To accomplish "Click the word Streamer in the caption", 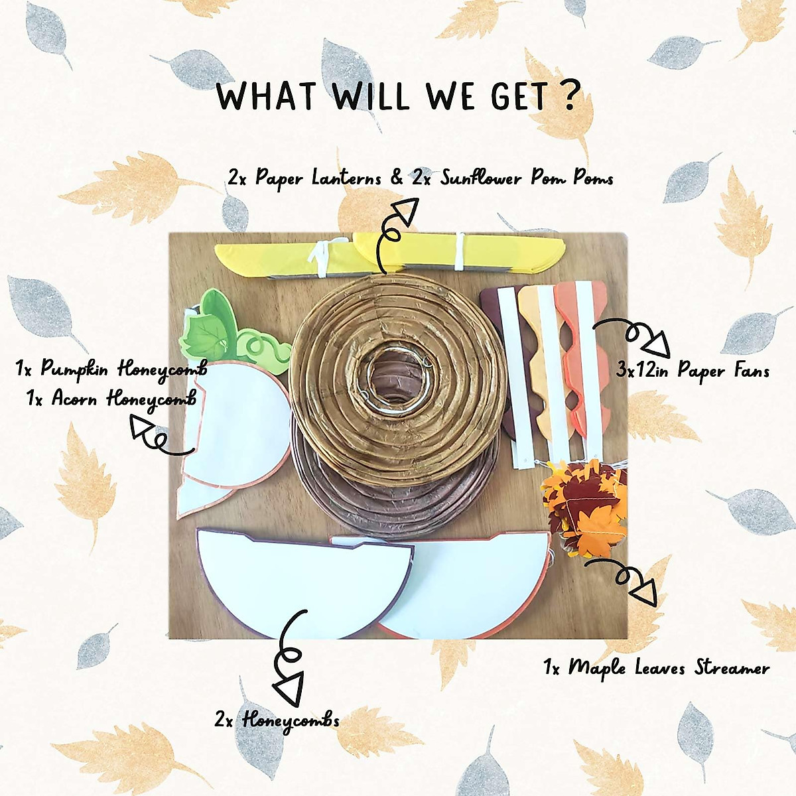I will [732, 667].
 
